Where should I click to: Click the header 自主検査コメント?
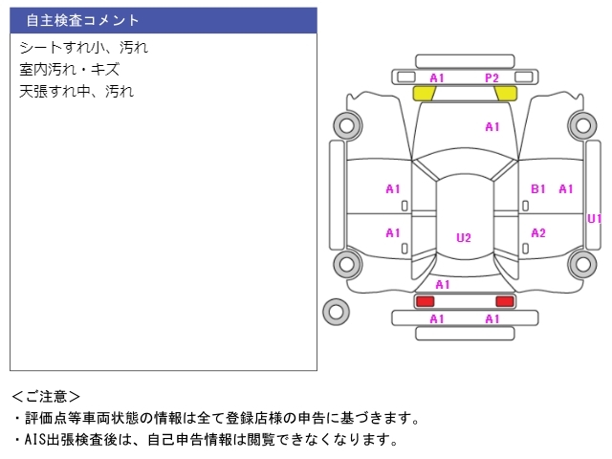tap(82, 20)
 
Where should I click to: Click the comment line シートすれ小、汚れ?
tap(84, 48)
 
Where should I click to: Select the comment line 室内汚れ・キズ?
tap(70, 70)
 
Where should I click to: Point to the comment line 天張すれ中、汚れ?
tap(76, 92)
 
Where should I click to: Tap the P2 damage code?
tap(492, 78)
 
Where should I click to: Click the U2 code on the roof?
tap(464, 238)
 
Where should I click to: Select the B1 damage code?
tap(538, 189)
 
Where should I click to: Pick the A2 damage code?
tap(538, 233)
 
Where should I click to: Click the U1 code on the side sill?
tap(595, 219)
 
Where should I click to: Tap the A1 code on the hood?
tap(492, 127)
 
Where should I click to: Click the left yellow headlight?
tap(425, 94)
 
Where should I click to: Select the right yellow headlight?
tap(506, 94)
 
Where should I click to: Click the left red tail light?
tap(425, 301)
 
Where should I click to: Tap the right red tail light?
tap(505, 301)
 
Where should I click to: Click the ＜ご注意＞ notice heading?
tap(46, 397)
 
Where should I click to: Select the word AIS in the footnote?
tap(35, 440)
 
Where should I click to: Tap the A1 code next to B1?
tap(566, 189)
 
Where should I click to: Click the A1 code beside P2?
tap(437, 78)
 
